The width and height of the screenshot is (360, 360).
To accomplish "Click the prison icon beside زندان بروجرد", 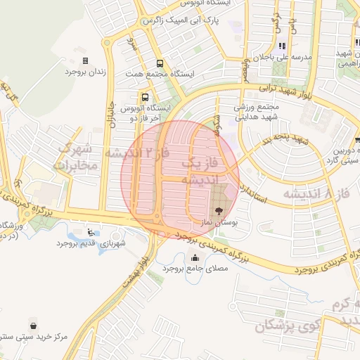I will click(x=86, y=61).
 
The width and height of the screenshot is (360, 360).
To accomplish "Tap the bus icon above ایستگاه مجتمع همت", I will click(x=160, y=63).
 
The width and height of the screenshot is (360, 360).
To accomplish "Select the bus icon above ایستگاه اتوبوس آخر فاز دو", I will click(x=145, y=98).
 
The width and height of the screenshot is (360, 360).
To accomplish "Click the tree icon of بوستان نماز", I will click(x=218, y=210).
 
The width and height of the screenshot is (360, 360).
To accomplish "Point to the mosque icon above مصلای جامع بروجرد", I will click(x=194, y=257).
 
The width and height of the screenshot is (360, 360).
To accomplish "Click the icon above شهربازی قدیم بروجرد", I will click(x=89, y=232).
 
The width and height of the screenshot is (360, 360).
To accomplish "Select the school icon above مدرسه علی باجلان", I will click(x=282, y=46).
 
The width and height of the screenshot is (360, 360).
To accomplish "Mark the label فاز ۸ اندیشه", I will click(x=316, y=191).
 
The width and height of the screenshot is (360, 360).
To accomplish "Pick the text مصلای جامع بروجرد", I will click(x=193, y=269).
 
